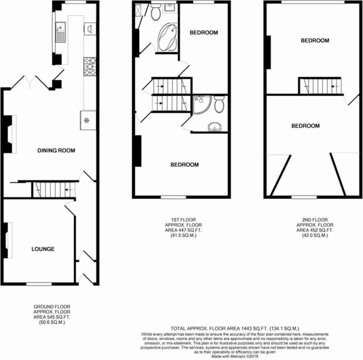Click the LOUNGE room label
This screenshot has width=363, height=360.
tap(43, 249)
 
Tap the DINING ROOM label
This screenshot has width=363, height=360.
tap(56, 151)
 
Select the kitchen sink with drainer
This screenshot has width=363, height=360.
tap(61, 32)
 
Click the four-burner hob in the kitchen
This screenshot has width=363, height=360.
tap(90, 66)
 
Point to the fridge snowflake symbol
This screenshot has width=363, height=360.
tap(86, 120)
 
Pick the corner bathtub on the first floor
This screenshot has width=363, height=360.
tap(168, 37)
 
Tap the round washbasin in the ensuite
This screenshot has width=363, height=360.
tap(214, 127)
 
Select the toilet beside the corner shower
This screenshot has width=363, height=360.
tap(219, 104)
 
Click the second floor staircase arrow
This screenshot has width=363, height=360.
tap(335, 86)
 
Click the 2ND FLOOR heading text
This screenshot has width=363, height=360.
tap(315, 220)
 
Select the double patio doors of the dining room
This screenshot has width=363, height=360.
tap(30, 82)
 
